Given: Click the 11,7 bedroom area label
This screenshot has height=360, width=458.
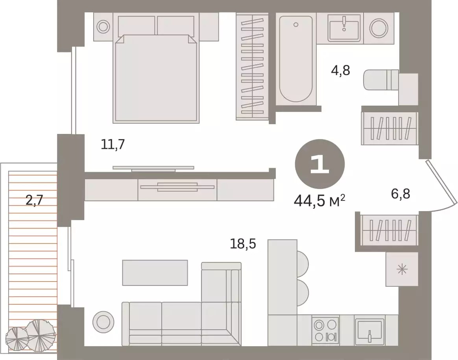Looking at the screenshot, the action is [x=113, y=144].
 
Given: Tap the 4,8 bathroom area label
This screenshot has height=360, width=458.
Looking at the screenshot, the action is [x=341, y=71].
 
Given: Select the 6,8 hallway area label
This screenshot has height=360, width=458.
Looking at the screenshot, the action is [x=401, y=194].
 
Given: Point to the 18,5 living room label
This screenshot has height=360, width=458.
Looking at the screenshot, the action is [x=243, y=243].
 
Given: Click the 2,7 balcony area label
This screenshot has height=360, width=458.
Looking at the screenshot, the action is [x=35, y=200].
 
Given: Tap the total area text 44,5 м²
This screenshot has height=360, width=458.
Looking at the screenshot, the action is [x=319, y=201].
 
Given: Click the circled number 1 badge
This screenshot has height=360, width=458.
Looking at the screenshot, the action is [x=320, y=164].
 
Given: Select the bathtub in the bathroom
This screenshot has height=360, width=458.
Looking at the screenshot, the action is [x=296, y=59].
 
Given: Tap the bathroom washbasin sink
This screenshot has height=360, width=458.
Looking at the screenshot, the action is [x=344, y=28].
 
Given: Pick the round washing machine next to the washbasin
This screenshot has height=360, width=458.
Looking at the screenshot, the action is [x=379, y=28].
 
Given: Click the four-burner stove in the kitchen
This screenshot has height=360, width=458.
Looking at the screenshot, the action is [x=325, y=330].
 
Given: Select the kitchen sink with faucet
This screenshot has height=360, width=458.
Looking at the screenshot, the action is [x=369, y=330].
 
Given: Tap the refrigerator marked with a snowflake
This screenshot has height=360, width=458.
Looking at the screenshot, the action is [x=402, y=269].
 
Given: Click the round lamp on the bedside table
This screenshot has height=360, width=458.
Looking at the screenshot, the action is [x=103, y=27].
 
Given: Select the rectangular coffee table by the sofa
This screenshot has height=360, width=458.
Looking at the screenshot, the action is [x=155, y=273].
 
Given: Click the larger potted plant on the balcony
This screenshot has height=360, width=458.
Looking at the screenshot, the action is [x=41, y=335].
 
